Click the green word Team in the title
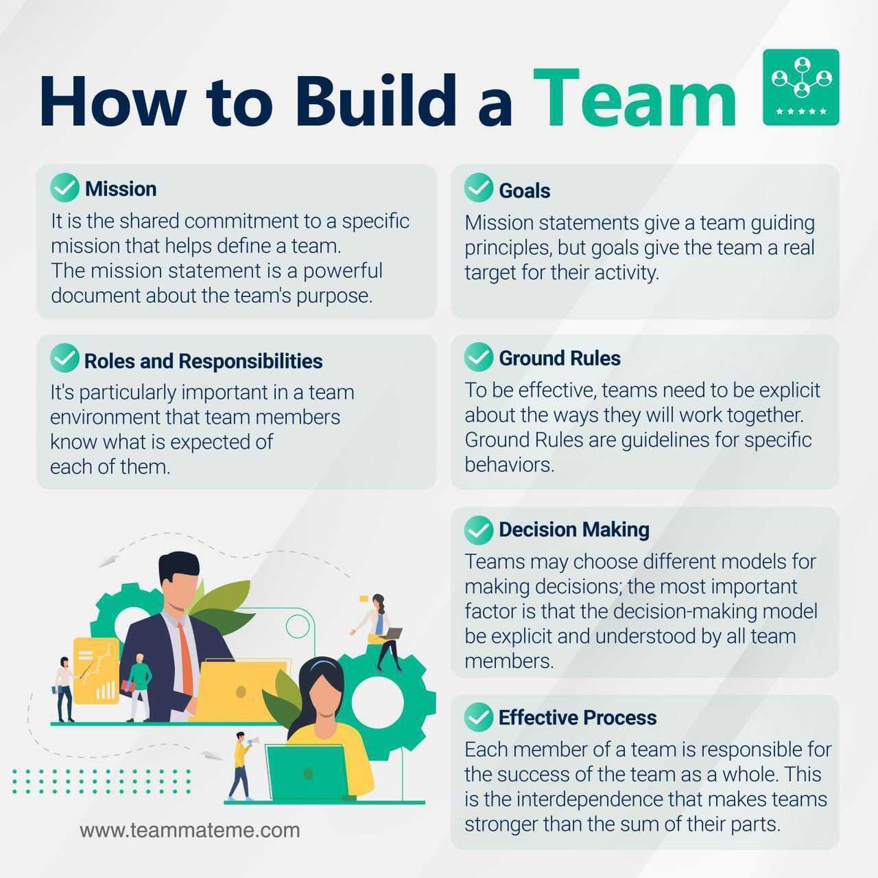coord(635,100)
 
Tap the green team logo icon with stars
coord(800,87)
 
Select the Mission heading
coord(121,189)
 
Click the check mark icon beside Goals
coord(479,188)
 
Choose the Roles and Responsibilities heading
coord(203,361)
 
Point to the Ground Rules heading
coord(560,358)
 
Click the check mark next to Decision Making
coord(479,529)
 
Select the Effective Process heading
coord(577,717)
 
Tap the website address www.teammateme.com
coord(190,830)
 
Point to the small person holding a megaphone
coord(241,765)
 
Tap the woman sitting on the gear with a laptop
coord(382,631)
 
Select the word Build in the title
coord(377,100)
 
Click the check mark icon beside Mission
coord(64,187)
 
